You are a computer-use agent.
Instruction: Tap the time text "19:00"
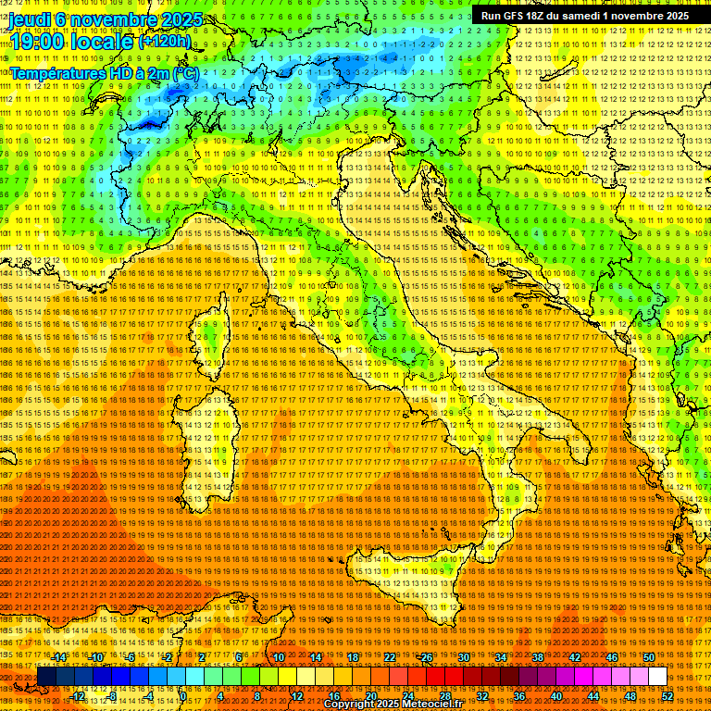[36, 41]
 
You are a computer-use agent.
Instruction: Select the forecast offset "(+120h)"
[164, 41]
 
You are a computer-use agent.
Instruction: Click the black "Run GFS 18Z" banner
[584, 16]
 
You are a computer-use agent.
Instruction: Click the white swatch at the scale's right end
[657, 677]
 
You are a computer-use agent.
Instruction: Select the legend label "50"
[649, 657]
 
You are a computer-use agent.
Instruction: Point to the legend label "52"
[667, 696]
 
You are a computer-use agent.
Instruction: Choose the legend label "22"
[390, 657]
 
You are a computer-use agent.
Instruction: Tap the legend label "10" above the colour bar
[279, 657]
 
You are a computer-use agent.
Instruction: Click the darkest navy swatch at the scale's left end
[46, 677]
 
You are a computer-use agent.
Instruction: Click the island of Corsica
[212, 333]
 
